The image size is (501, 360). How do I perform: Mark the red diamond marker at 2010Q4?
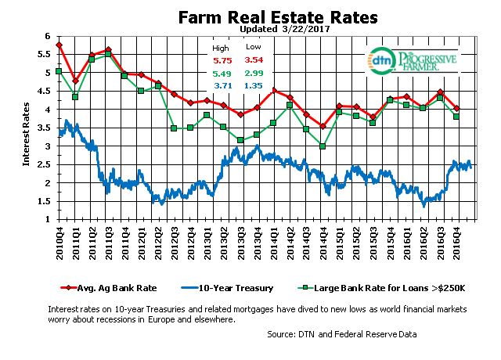pyautogui.click(x=59, y=45)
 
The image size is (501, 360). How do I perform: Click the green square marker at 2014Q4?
pyautogui.click(x=322, y=146)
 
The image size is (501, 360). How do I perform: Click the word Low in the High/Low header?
pyautogui.click(x=252, y=48)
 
